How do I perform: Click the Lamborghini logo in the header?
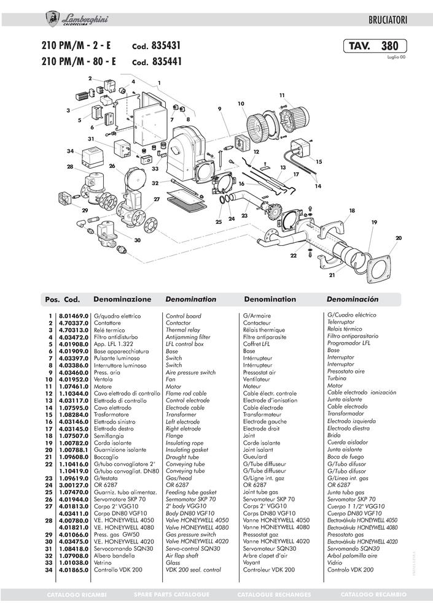click(77, 20)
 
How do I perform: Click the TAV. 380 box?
click(375, 46)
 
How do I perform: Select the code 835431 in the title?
click(166, 45)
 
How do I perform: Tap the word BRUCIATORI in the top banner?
click(388, 20)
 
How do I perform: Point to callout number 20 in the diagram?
click(398, 238)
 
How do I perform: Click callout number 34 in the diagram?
click(70, 151)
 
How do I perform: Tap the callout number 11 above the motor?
click(282, 95)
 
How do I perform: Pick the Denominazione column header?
click(122, 299)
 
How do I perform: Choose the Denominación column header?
click(353, 299)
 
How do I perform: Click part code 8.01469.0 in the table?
click(74, 316)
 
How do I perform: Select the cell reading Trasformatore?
click(111, 415)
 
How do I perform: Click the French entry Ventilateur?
click(256, 379)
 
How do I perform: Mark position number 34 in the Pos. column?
click(49, 570)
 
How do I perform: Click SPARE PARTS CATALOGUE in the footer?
click(171, 595)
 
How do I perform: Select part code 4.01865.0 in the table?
click(74, 570)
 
